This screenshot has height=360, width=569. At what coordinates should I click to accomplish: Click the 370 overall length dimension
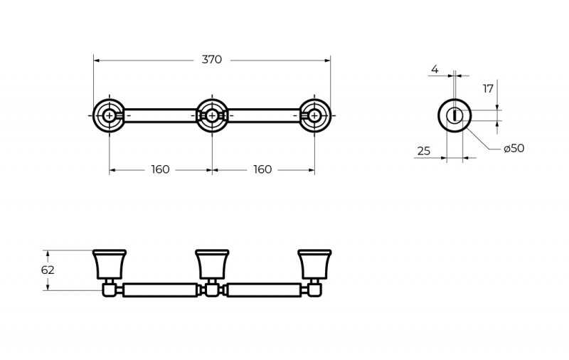211,60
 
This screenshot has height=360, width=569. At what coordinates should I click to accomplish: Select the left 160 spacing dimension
160,169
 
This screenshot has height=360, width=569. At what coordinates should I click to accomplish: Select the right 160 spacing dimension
262,169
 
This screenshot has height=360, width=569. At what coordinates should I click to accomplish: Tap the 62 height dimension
48,270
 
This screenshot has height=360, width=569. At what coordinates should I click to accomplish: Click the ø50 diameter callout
514,148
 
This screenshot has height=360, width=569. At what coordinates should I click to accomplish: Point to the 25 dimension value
423,151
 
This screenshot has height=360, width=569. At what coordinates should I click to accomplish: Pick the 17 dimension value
488,88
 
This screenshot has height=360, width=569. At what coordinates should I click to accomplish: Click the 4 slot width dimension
435,69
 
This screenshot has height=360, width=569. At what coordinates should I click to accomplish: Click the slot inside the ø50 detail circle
454,116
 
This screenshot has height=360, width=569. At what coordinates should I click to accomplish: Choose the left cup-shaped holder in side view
110,264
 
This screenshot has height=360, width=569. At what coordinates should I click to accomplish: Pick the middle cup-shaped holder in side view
212,264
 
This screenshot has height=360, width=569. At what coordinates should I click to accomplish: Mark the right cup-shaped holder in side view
314,264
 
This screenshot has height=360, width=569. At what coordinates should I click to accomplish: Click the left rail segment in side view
161,290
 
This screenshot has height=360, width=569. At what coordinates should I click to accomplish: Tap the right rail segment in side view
264,290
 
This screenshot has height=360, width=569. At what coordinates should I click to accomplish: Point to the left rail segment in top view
161,115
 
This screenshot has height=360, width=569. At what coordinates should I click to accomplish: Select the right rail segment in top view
264,115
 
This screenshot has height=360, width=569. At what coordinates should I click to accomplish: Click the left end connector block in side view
109,290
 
